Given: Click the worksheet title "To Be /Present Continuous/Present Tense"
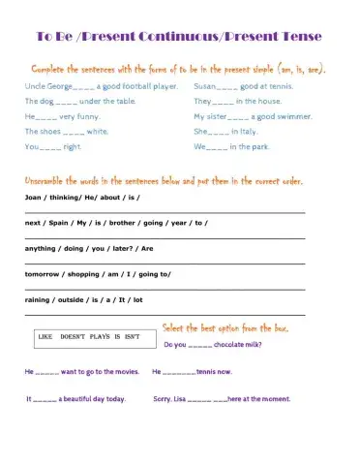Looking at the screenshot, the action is [179, 38].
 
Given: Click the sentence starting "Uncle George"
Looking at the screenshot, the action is [102, 86].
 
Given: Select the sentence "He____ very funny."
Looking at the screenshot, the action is [64, 116].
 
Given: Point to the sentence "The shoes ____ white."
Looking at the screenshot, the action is [68, 131].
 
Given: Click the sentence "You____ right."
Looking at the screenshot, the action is [54, 146].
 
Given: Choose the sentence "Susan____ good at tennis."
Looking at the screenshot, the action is [247, 86].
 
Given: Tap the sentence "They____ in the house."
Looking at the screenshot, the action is [237, 101].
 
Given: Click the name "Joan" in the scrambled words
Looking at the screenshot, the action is [34, 196].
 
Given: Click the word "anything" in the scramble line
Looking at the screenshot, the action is [41, 248].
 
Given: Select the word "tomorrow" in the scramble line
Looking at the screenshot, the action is [43, 273].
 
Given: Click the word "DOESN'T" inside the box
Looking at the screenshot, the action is [81, 336].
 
